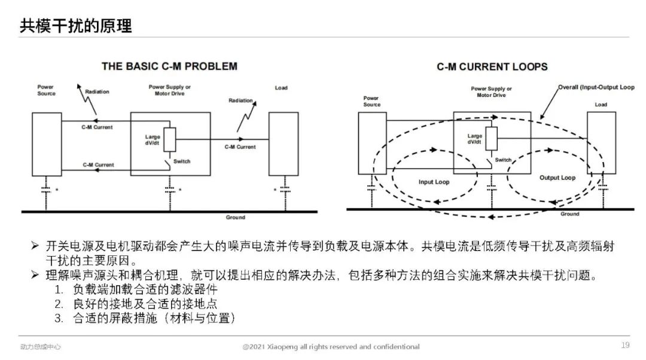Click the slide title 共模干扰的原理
coord(76,25)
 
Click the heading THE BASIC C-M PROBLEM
coord(169,66)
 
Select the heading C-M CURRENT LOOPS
coord(492,67)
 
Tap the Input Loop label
coord(434,182)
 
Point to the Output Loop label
coord(557,178)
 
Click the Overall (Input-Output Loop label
coord(596,87)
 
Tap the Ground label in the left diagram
coord(236,217)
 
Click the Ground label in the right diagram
coord(569,214)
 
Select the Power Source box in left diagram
coord(46,144)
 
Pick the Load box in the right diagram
coord(601,143)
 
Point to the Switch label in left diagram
coord(182,161)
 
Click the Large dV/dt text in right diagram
coord(475,139)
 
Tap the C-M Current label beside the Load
coord(240,147)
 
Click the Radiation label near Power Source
coord(97,92)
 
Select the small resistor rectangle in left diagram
coord(170,139)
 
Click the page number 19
coord(625,344)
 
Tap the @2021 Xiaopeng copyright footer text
coord(331,347)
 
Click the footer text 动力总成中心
coord(40,347)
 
